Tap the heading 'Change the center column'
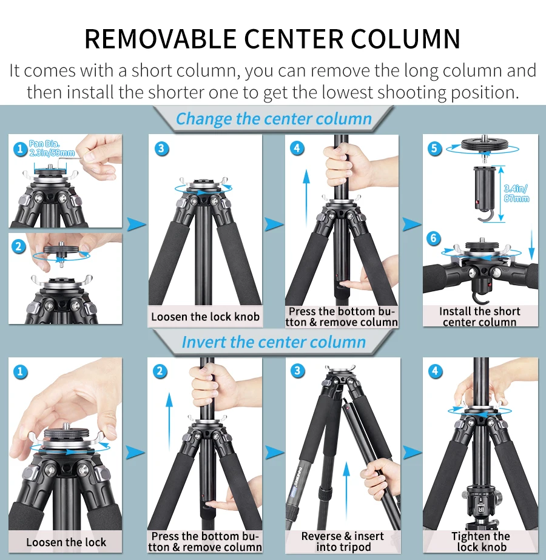pos(274,118)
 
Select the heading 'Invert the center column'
pos(274,342)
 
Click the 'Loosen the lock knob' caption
pos(205,316)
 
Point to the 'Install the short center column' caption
pos(479,316)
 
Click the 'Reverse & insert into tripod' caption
pos(342,541)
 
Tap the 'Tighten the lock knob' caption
pos(480,541)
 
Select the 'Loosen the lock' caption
pos(66,542)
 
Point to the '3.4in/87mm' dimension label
pos(516,194)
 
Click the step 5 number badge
pos(434,149)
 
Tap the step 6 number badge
pos(433,238)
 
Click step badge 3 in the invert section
pos(297,371)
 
